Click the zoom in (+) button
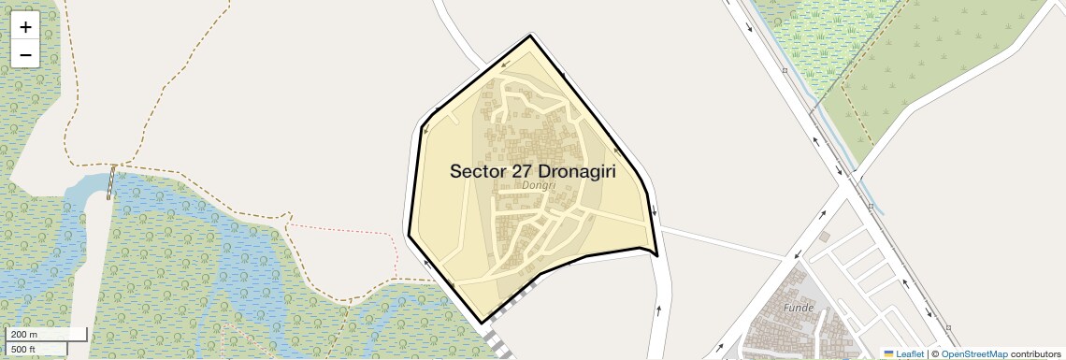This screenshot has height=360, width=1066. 25,27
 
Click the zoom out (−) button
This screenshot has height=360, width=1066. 25,54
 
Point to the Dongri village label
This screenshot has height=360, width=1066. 539,186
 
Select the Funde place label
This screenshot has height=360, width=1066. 799,307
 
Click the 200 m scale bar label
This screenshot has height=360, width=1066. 24,334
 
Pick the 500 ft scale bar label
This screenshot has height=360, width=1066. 23,349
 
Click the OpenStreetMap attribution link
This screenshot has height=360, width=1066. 973,353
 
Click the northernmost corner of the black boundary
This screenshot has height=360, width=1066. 530,36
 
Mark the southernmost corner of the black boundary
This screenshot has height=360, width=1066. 482,323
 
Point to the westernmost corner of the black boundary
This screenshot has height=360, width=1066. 409,235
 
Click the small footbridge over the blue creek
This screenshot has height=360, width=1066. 111,181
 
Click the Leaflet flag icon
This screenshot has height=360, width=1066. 888,353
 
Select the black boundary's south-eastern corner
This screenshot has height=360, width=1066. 656,254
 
